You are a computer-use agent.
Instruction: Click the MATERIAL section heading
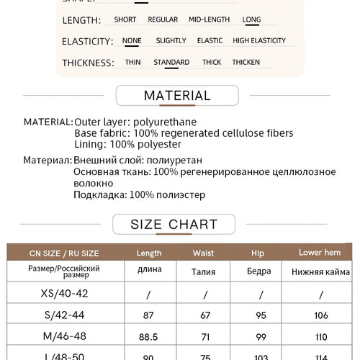click(177, 96)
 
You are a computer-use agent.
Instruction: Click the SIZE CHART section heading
click(174, 225)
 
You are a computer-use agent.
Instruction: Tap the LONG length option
click(251, 19)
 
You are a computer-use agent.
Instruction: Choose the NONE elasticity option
click(132, 41)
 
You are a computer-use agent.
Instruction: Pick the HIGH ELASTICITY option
click(259, 41)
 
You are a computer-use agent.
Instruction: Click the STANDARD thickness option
click(171, 63)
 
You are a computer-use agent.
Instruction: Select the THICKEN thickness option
click(246, 63)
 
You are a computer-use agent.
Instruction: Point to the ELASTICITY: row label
click(87, 42)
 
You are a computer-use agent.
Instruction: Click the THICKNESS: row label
click(88, 63)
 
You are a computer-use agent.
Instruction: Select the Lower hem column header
click(320, 253)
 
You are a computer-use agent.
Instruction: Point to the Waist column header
click(204, 253)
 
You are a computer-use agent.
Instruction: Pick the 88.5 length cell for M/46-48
click(148, 336)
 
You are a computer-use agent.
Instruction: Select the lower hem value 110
click(320, 336)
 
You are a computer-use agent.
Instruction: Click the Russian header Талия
click(204, 271)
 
